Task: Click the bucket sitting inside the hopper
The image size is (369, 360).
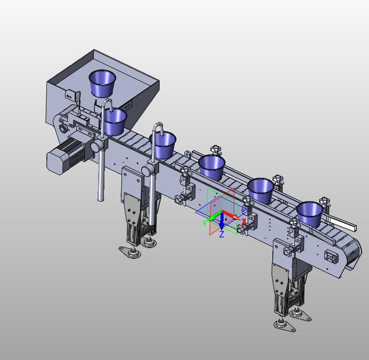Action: coord(102,84)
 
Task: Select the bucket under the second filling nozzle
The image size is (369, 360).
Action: coord(163,145)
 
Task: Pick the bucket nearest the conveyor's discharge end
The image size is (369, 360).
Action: coord(309,214)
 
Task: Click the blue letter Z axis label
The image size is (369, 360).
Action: coord(222,234)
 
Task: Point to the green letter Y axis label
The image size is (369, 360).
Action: coord(205,222)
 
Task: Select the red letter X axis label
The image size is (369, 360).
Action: coord(244,222)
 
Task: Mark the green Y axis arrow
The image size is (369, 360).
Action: coord(214,216)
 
